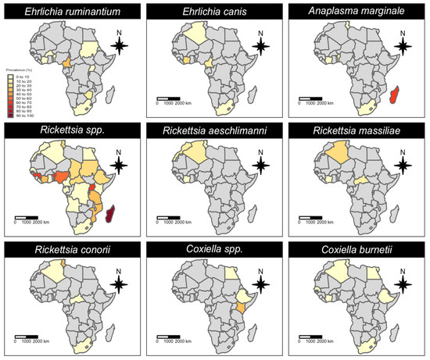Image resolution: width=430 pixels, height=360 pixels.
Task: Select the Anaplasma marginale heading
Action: [357, 11]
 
